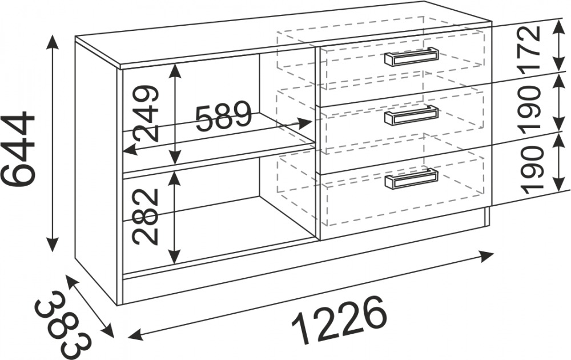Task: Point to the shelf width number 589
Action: pyautogui.click(x=223, y=117)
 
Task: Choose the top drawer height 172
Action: pyautogui.click(x=529, y=48)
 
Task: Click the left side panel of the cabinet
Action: pyautogui.click(x=97, y=171)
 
